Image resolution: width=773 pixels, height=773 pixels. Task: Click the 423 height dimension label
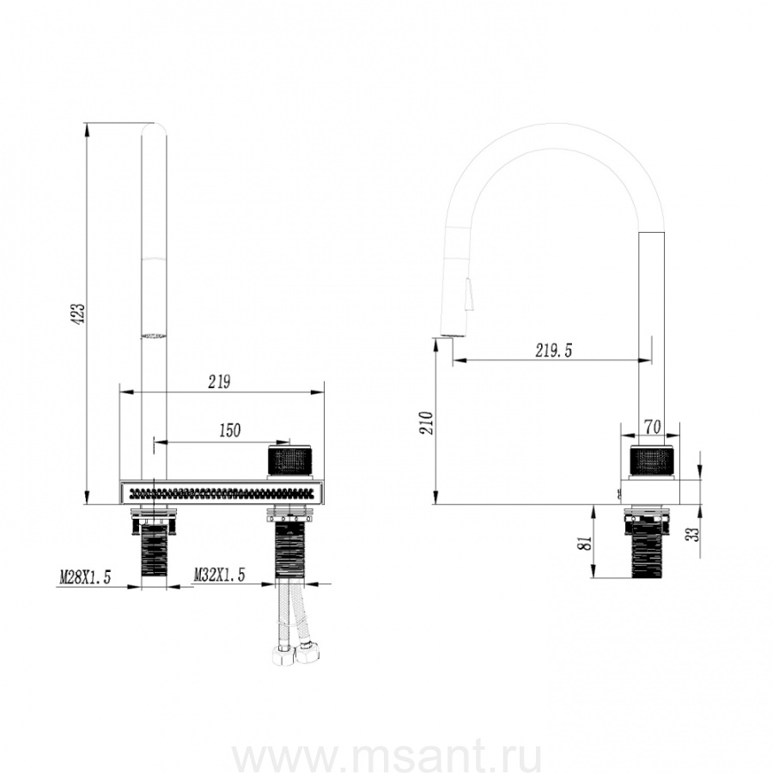tap(80, 314)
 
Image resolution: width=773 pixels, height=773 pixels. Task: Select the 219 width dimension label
tap(219, 382)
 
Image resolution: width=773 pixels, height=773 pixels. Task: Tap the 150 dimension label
tap(229, 430)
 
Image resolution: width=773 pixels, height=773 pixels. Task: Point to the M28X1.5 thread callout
tap(85, 576)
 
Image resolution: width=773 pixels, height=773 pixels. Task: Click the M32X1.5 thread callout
tap(219, 575)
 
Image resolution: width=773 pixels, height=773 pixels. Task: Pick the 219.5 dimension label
tap(554, 350)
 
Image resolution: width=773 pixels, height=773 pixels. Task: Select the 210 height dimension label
tap(426, 423)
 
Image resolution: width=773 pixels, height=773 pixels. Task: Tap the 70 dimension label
tap(652, 427)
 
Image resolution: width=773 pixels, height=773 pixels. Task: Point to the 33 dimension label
tap(694, 534)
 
